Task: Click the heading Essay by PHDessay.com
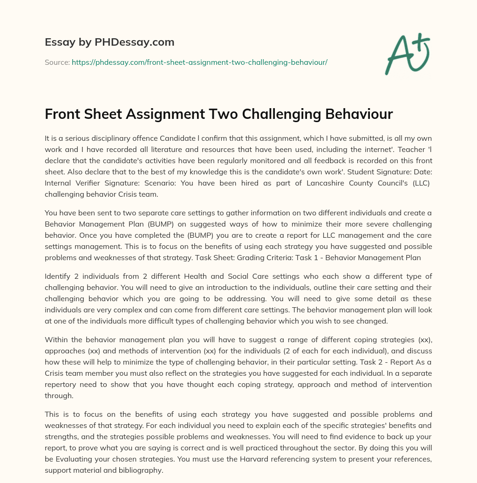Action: (x=109, y=42)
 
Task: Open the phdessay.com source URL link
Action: (x=199, y=62)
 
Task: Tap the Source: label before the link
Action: (x=57, y=62)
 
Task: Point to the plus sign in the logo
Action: (x=420, y=41)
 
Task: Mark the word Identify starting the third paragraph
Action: (x=59, y=276)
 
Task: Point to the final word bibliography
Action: (x=139, y=470)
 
